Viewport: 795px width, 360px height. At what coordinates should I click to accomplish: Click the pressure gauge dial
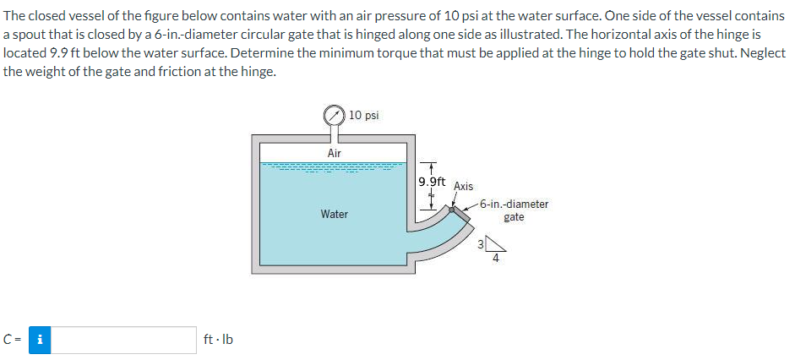[x=334, y=115]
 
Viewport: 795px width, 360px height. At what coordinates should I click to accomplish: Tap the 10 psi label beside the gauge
[x=364, y=115]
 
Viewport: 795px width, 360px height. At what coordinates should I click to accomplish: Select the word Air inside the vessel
[x=334, y=153]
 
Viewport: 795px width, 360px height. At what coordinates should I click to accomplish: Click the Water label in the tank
[x=334, y=214]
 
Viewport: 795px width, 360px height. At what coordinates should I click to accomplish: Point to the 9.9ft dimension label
[x=432, y=182]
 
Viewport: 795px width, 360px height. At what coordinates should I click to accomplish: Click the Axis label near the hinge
[x=464, y=186]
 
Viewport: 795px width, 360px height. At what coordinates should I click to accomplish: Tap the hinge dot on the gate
[x=452, y=209]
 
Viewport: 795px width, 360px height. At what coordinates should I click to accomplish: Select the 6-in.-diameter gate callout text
[x=514, y=210]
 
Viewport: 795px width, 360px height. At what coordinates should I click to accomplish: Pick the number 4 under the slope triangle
[x=496, y=258]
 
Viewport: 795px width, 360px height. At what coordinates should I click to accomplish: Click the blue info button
[x=40, y=340]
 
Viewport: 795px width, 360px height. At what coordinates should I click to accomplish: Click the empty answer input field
[x=123, y=340]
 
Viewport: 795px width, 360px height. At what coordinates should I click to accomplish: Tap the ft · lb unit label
[x=218, y=340]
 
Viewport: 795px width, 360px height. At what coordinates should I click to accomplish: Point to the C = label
[x=12, y=340]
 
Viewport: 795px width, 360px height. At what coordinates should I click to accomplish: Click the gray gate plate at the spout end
[x=461, y=215]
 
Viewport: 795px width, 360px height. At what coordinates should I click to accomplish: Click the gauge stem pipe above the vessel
[x=334, y=131]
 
